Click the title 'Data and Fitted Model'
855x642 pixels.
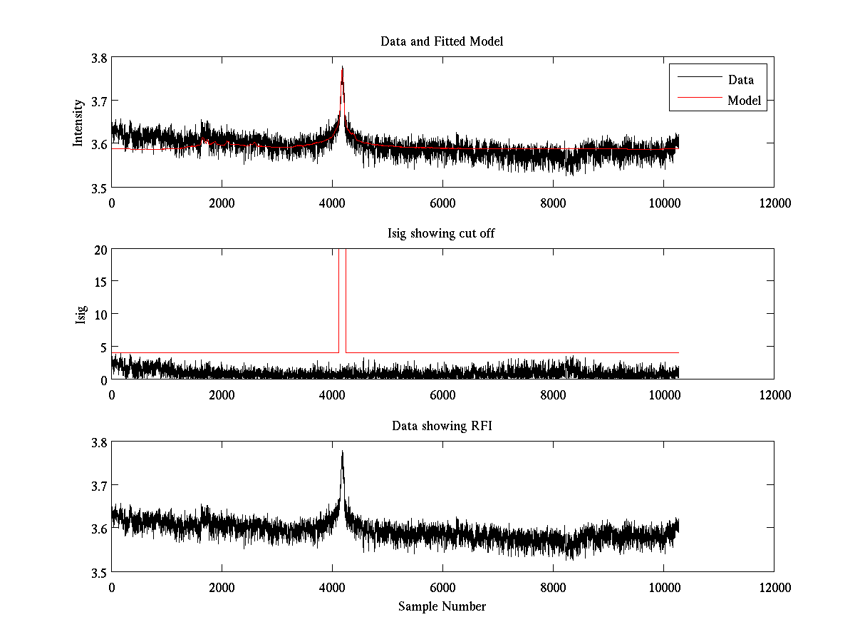click(442, 41)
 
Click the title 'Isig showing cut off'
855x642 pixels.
click(442, 233)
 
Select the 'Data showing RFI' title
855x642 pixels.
click(442, 426)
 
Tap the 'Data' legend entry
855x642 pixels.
click(740, 80)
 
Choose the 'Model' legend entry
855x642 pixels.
click(744, 101)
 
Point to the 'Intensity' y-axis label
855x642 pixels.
click(80, 122)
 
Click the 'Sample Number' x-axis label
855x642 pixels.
click(442, 606)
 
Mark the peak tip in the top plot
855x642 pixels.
click(343, 67)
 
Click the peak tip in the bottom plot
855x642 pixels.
click(343, 452)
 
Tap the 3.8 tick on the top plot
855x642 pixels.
click(98, 58)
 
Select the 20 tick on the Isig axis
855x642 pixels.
click(100, 250)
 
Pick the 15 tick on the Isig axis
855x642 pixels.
click(100, 282)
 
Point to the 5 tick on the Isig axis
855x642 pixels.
click(103, 347)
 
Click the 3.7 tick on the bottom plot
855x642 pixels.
click(98, 485)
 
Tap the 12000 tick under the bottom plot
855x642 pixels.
click(774, 587)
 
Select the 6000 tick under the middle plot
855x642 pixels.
click(443, 394)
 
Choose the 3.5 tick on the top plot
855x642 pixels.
click(98, 188)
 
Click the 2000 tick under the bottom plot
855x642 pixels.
click(222, 587)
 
